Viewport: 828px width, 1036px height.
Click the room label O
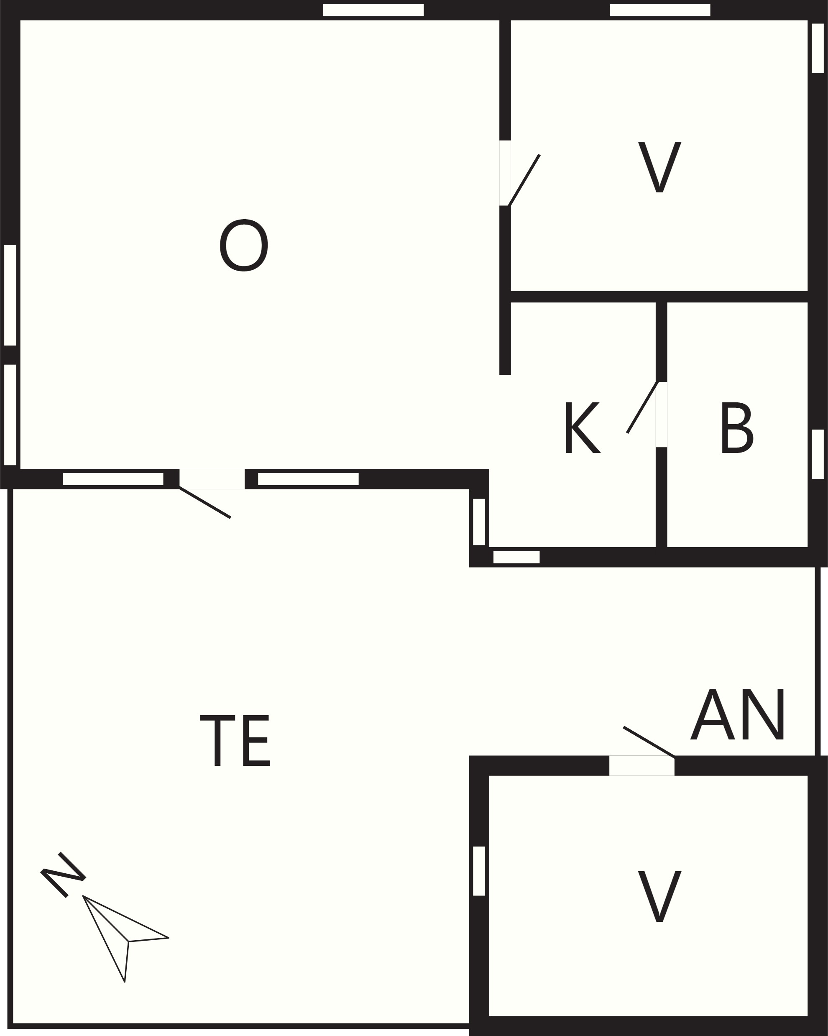click(x=244, y=245)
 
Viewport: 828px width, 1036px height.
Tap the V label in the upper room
click(x=659, y=167)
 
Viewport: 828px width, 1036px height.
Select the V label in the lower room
click(x=659, y=896)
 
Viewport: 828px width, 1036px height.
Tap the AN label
click(x=737, y=714)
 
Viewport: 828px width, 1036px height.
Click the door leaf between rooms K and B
click(x=641, y=407)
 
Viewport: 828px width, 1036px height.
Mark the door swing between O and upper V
click(x=524, y=180)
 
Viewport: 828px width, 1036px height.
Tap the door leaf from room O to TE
click(x=205, y=503)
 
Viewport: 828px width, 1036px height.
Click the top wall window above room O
click(x=373, y=10)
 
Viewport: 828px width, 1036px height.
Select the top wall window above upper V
click(x=660, y=10)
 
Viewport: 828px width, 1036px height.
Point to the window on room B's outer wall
click(x=818, y=455)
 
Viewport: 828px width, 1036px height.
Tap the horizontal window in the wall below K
click(x=516, y=558)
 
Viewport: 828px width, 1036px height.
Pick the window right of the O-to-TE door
click(x=309, y=479)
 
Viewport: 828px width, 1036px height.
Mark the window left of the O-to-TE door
click(x=113, y=479)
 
